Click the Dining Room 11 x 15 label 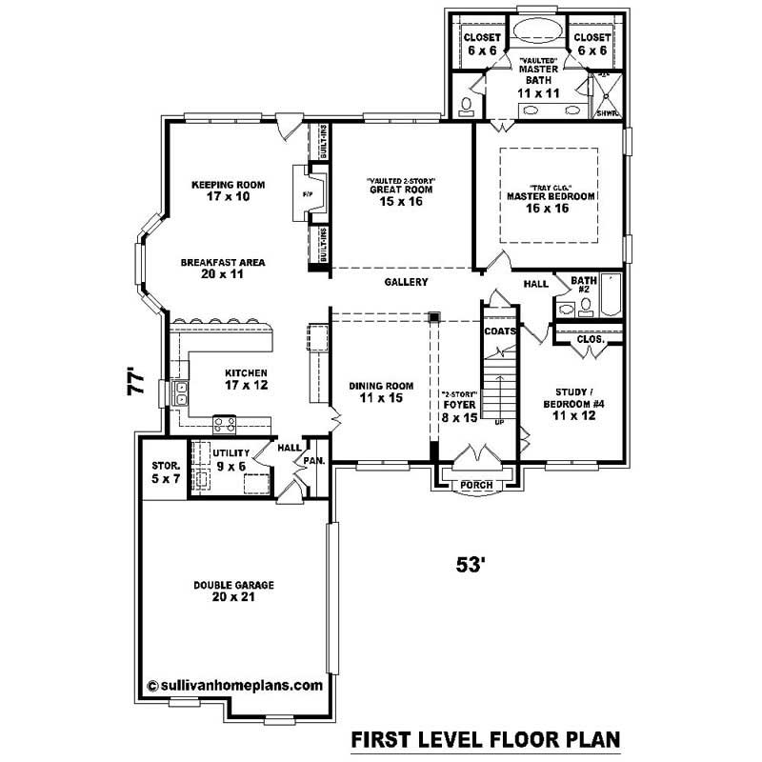tap(381, 391)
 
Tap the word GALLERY tap(406, 282)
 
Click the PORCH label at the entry tap(476, 485)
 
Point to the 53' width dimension tap(471, 564)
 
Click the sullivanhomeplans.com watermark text tap(235, 684)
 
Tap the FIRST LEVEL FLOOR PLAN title tap(486, 738)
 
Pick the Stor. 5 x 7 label tap(166, 471)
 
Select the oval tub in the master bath tap(539, 30)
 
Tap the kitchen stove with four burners tap(226, 423)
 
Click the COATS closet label tap(499, 331)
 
